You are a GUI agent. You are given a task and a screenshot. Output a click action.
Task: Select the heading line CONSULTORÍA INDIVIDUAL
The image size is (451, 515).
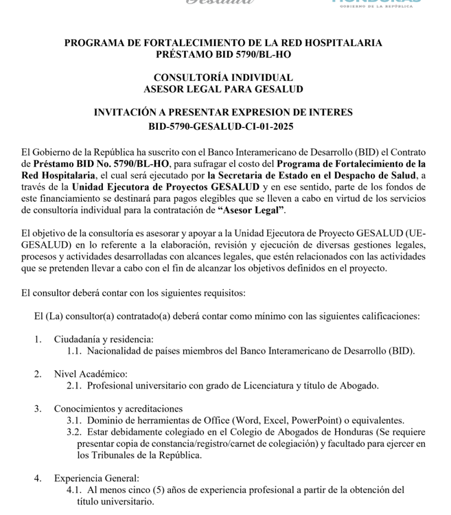223,78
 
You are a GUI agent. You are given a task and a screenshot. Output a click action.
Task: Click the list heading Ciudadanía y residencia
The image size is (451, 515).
104,339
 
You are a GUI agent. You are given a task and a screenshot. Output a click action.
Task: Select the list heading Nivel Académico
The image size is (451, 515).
91,374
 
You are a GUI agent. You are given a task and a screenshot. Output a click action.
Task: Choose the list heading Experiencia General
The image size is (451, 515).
96,479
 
